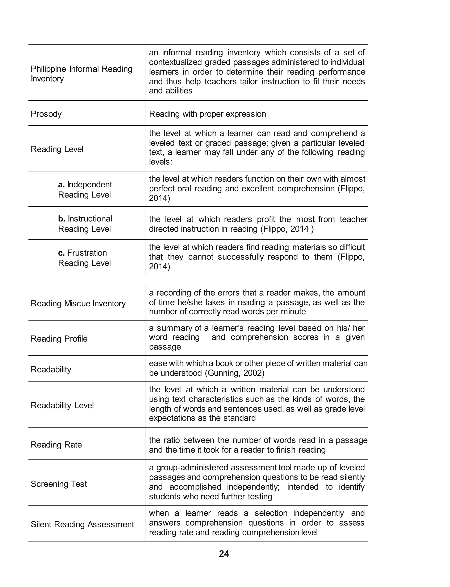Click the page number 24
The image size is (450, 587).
click(x=224, y=554)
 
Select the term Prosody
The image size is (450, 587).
click(x=46, y=114)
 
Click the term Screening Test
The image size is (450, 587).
click(x=59, y=484)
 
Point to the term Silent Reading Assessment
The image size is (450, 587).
click(x=82, y=524)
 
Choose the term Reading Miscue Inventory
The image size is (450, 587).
click(x=78, y=304)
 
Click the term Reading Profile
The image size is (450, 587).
click(x=59, y=338)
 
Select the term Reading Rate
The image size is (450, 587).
click(x=56, y=444)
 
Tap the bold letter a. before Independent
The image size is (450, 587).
click(x=61, y=185)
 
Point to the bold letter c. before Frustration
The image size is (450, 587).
click(x=61, y=253)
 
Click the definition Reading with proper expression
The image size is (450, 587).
click(x=207, y=114)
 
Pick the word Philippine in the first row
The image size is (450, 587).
click(x=48, y=69)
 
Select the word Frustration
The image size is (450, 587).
click(x=87, y=253)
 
